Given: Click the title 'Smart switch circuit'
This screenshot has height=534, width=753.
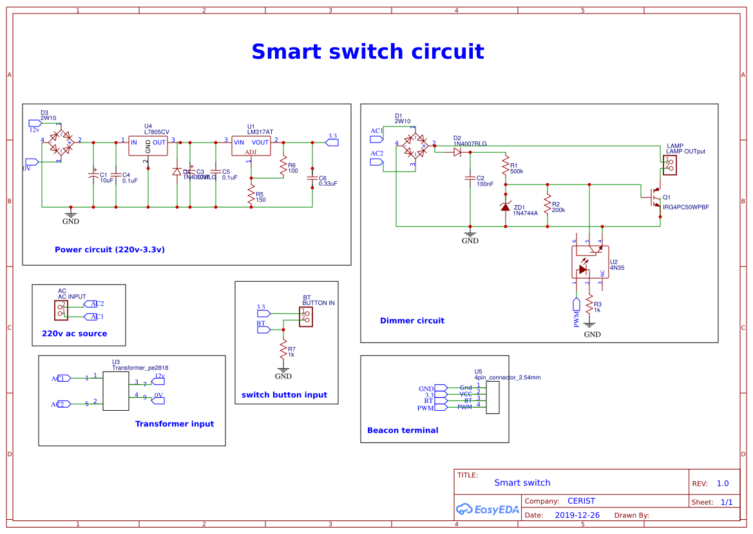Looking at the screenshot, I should (x=367, y=52).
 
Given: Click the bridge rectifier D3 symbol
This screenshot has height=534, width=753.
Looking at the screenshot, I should (x=62, y=141).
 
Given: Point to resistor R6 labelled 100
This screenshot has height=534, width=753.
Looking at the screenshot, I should (x=282, y=166).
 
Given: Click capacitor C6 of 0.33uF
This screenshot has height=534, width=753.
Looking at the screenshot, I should (x=312, y=178).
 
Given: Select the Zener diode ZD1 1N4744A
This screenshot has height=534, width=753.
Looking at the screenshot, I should (x=506, y=206).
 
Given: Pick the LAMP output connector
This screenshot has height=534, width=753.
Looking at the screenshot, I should (x=670, y=164).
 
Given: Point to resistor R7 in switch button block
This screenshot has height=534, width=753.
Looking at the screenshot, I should (x=283, y=350).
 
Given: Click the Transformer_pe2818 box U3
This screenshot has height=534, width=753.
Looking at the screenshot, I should (x=116, y=391).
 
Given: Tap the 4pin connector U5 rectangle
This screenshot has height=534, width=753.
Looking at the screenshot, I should (x=493, y=397).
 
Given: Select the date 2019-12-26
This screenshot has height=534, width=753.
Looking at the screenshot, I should (x=577, y=515).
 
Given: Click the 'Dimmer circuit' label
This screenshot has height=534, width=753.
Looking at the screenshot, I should (x=412, y=321).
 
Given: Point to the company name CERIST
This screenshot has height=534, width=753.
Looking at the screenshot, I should (x=581, y=501).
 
